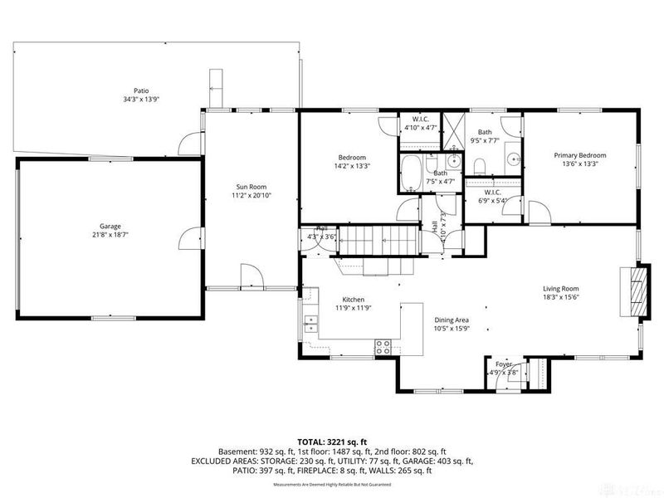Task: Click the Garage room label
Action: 110,226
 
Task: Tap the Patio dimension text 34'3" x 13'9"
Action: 148,100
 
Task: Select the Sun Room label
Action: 251,187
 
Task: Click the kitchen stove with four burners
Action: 384,347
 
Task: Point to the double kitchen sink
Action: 310,323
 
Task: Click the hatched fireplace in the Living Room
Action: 635,291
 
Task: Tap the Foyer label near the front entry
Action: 504,364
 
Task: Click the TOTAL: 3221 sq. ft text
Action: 332,442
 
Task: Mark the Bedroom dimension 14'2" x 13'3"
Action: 353,165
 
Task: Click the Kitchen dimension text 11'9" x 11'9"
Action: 354,308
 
